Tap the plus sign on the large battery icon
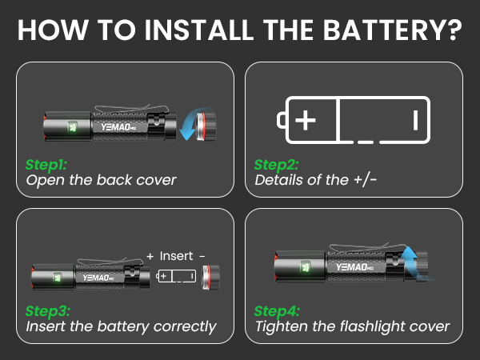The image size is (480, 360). click(306, 121)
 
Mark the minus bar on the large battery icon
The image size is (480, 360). click(415, 121)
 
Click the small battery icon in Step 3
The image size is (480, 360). click(177, 276)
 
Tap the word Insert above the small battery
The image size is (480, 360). click(176, 256)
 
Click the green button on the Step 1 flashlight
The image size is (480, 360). click(73, 126)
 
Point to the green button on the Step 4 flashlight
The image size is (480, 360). click(305, 266)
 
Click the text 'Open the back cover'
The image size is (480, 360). click(101, 180)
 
